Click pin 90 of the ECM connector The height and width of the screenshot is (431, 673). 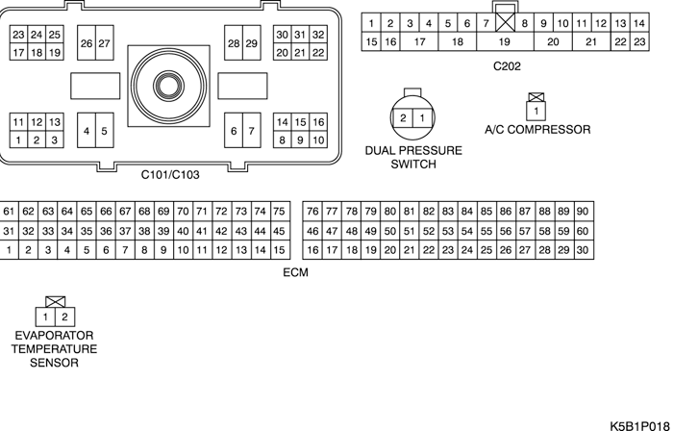point(583,211)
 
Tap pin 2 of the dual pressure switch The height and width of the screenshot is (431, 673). point(404,117)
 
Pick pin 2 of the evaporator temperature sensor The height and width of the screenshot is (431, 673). point(64,317)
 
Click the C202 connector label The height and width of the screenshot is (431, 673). point(507,65)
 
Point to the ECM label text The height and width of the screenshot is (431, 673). point(295,273)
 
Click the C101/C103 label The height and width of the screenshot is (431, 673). point(170,175)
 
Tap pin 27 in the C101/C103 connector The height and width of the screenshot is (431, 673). point(105,43)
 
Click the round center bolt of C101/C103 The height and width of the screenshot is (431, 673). point(168,85)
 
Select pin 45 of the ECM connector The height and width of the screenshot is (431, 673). point(279,231)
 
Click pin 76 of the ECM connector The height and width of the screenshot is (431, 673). point(312,211)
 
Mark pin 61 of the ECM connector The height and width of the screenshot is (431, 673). point(10,211)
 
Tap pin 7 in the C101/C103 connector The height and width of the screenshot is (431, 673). point(251,131)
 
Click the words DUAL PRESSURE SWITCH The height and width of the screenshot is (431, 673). point(413,158)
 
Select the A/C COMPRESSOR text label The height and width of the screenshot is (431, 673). point(537,130)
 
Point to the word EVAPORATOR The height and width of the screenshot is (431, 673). point(55,335)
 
